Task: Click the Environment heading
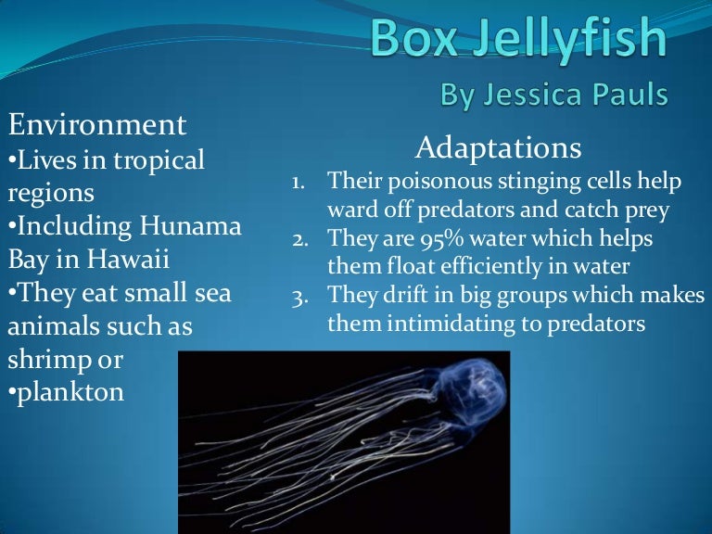point(97,124)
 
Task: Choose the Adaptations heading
point(499,147)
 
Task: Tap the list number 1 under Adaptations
point(299,183)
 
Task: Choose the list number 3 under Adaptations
point(299,297)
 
